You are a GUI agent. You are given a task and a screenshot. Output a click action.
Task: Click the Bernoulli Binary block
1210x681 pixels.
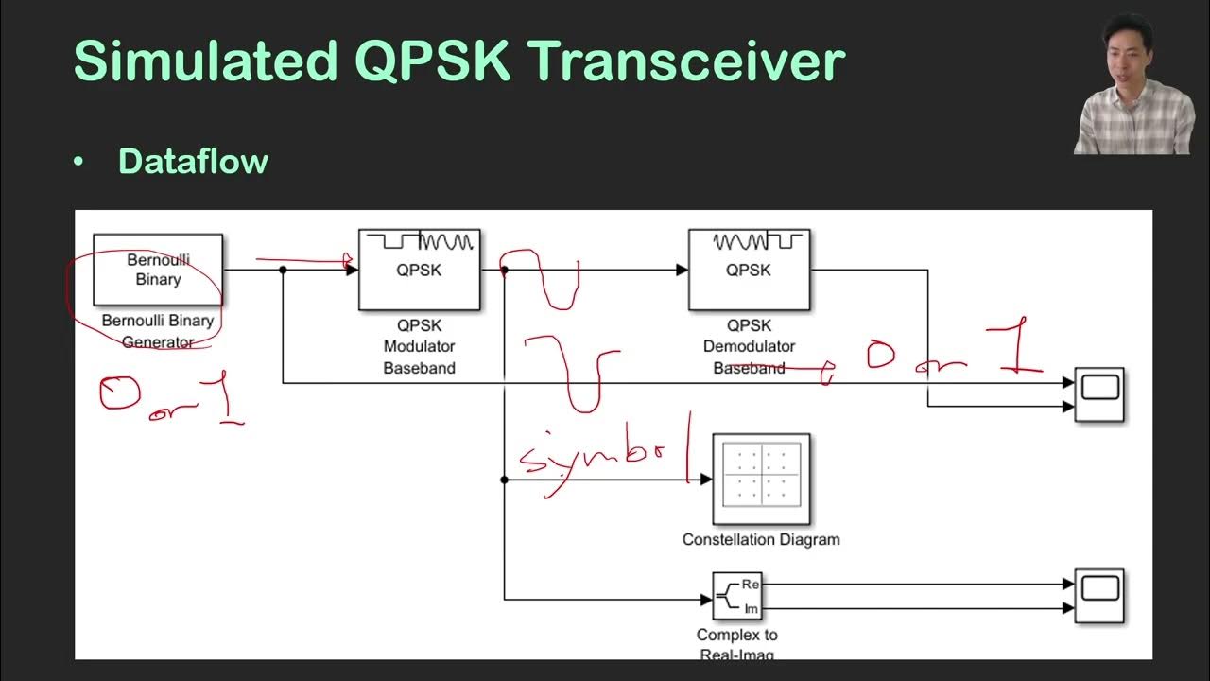(158, 270)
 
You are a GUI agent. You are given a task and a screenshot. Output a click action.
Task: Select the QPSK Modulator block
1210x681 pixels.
(419, 270)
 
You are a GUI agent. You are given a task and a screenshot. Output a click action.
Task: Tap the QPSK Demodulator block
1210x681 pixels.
(749, 270)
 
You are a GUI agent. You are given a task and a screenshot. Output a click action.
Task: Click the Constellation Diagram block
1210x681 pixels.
(761, 480)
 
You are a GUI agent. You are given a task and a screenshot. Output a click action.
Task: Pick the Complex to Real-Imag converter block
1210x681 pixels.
(736, 596)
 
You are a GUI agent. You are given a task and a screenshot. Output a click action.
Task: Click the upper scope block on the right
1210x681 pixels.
(1099, 394)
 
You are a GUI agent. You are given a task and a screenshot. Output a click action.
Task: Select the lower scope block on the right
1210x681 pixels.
(1099, 596)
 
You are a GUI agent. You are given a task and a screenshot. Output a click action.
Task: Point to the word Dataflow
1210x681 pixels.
(193, 161)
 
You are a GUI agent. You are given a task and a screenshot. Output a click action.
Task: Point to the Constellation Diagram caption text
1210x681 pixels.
(761, 539)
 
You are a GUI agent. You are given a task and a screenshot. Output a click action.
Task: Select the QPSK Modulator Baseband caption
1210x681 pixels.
(419, 346)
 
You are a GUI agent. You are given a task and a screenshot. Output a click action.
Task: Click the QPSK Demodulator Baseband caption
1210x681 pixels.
(749, 346)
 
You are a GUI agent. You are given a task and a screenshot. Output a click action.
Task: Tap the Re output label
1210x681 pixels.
(751, 585)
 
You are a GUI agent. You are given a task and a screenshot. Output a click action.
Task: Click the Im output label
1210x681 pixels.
(751, 608)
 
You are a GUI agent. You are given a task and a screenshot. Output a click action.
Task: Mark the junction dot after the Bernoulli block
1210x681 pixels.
(283, 270)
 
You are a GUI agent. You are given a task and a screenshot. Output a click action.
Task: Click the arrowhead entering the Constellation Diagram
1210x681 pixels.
(705, 480)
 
